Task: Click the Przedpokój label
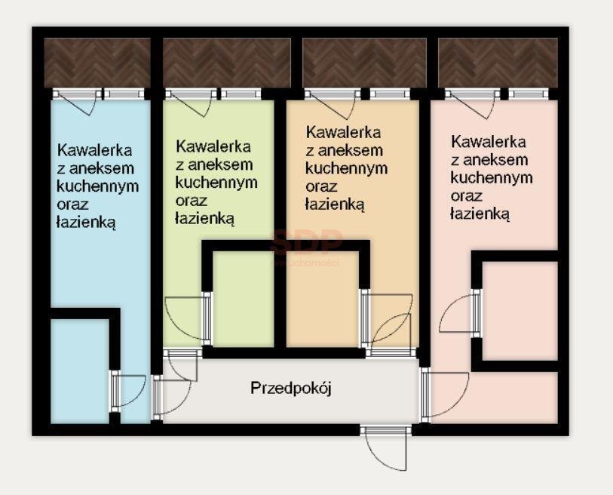pyautogui.click(x=291, y=389)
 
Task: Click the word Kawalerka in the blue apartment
pyautogui.click(x=94, y=149)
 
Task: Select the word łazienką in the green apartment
pyautogui.click(x=205, y=219)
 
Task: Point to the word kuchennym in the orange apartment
pyautogui.click(x=347, y=168)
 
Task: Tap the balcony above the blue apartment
pyautogui.click(x=97, y=63)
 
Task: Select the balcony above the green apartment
pyautogui.click(x=226, y=63)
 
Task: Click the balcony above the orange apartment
pyautogui.click(x=364, y=63)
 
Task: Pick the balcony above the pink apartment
pyautogui.click(x=498, y=63)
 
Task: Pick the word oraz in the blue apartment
pyautogui.click(x=72, y=204)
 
